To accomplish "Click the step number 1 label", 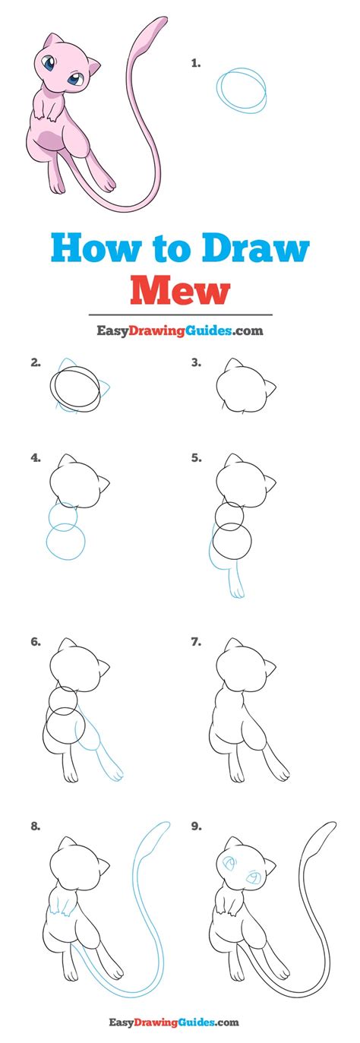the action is coord(196,64).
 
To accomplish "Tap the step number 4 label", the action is coord(36,458).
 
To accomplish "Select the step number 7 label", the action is coord(196,642).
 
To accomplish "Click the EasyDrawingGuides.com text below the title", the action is coord(180,331).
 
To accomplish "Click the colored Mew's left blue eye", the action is coord(49,63).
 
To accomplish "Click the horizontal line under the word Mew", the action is coord(180,314).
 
